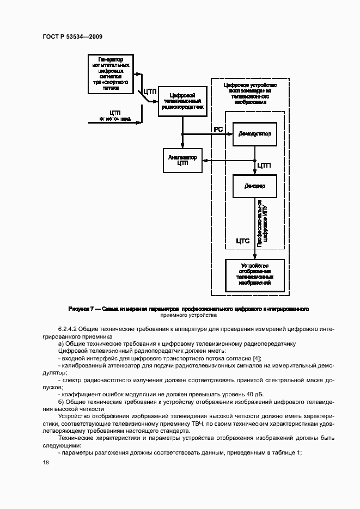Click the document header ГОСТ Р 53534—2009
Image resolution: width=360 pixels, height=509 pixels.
point(72,36)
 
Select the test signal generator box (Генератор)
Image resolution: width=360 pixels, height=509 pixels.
point(111,72)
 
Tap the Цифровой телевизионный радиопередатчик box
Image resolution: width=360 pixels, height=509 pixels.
point(182,101)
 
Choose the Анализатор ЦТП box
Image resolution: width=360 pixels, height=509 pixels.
point(182,160)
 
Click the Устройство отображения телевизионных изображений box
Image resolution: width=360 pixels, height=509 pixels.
point(254,274)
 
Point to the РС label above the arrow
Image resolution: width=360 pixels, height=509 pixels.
point(218,128)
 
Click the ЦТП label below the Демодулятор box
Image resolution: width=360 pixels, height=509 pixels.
point(264,165)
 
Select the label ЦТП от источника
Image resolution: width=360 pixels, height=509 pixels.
point(114,115)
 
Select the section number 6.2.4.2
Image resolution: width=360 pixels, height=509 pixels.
point(70,330)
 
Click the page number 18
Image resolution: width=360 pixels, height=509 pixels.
point(45,462)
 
